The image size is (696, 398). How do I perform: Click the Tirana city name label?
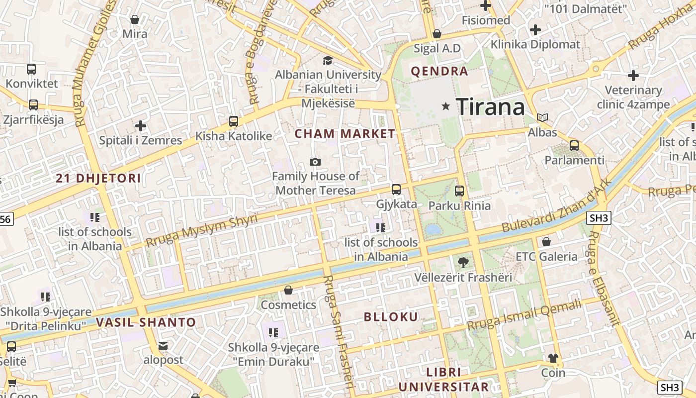490,106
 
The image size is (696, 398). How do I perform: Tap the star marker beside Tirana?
446,106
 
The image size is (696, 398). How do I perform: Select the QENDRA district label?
439,71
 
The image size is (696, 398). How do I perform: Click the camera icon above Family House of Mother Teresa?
315,162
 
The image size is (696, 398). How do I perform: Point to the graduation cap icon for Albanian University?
328,61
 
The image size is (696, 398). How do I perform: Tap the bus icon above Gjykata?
396,189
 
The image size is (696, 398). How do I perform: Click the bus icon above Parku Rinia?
459,191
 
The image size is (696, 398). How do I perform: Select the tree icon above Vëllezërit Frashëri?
463,262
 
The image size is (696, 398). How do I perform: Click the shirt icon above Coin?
553,358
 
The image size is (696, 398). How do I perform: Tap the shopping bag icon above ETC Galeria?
546,242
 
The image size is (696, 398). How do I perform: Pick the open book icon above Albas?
542,118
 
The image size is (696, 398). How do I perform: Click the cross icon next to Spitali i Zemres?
141,126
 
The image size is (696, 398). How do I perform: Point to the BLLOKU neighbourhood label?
391,317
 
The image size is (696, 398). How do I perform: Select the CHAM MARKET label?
345,134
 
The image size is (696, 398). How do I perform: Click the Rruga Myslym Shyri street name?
202,230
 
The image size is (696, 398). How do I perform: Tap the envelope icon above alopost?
163,345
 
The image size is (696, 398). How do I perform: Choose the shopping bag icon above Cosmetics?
288,290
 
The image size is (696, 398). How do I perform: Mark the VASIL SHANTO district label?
146,322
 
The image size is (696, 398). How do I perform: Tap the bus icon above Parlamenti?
574,146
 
